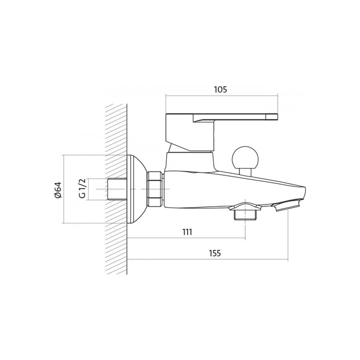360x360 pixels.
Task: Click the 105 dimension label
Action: tap(221, 89)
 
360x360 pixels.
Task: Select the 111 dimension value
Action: tap(187, 232)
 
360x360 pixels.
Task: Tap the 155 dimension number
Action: tap(215, 253)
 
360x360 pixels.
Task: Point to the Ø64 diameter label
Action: tap(57, 190)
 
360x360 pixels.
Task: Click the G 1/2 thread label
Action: tap(82, 188)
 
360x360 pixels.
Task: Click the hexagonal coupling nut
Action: tap(155, 189)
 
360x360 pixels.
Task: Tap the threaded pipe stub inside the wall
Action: tap(117, 189)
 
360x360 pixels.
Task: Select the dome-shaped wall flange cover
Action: tap(137, 189)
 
